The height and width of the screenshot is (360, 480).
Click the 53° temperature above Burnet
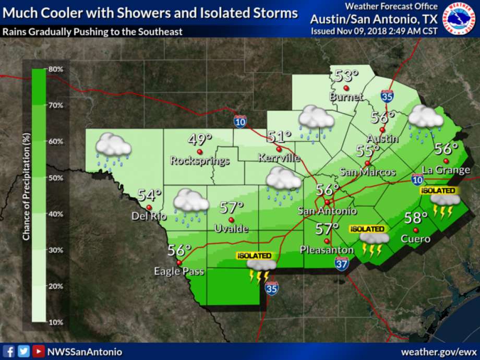pos(346,76)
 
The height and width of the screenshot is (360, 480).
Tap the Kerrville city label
pos(279,158)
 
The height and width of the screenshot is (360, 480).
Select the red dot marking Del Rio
pos(149,207)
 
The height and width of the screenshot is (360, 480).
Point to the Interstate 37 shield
pos(342,264)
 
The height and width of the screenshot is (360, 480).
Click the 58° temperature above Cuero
pos(416,218)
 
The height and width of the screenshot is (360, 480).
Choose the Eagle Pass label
pos(179,271)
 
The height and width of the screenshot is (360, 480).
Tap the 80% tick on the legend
pos(56,69)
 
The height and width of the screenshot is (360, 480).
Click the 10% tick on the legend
pos(56,322)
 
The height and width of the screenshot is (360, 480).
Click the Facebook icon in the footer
pos(9,351)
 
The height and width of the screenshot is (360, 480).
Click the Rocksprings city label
pos(200,161)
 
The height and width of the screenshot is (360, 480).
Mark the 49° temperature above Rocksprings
pos(200,140)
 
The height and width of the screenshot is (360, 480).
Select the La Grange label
pos(446,170)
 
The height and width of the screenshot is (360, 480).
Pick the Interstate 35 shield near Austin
pos(387,95)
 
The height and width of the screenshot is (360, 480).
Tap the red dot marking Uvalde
pos(231,220)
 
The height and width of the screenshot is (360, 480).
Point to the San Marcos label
pos(367,172)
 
